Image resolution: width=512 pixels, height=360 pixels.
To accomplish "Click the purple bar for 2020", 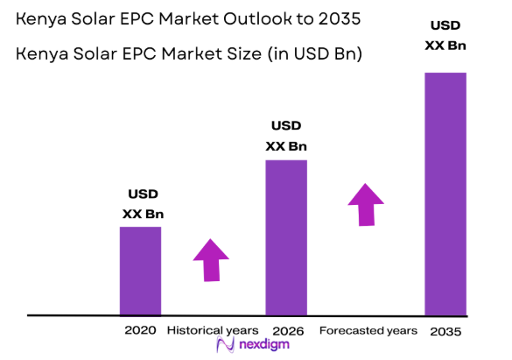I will pyautogui.click(x=140, y=270).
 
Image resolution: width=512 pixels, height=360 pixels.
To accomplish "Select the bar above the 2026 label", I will pyautogui.click(x=286, y=236).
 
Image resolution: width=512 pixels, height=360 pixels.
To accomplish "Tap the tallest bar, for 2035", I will pyautogui.click(x=445, y=193).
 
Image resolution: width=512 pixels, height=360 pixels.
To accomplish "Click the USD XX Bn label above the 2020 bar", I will pyautogui.click(x=143, y=203).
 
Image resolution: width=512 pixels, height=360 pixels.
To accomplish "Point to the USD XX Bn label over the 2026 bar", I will pyautogui.click(x=286, y=136).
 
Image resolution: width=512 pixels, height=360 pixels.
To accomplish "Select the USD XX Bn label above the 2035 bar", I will pyautogui.click(x=445, y=35).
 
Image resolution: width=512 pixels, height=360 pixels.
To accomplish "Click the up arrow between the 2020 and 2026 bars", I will pyautogui.click(x=210, y=259).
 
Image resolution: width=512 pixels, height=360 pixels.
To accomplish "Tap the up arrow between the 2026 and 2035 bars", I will pyautogui.click(x=366, y=204).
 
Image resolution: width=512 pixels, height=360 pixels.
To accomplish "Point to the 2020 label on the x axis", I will pyautogui.click(x=140, y=330).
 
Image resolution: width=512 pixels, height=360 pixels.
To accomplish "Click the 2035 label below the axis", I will pyautogui.click(x=445, y=331).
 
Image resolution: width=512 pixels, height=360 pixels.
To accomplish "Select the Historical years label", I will pyautogui.click(x=213, y=330).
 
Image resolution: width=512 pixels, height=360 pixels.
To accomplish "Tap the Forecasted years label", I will pyautogui.click(x=368, y=330).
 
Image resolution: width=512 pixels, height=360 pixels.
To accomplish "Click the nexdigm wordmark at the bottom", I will pyautogui.click(x=267, y=346).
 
